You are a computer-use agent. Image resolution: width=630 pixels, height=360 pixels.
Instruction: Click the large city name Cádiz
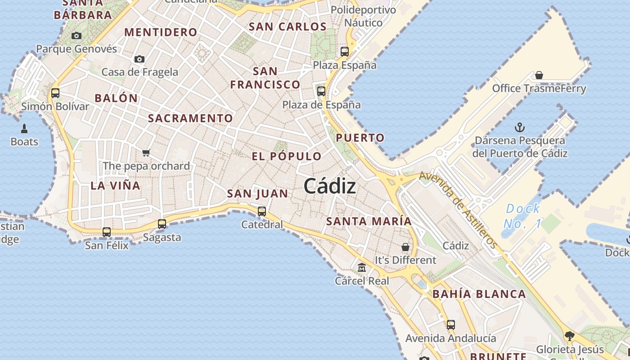(x=330, y=186)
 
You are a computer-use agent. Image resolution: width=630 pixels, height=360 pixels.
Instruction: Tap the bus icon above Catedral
(x=261, y=211)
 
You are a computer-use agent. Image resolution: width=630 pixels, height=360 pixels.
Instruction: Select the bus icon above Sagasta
(x=162, y=224)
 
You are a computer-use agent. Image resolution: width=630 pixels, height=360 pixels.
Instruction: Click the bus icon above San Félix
(x=107, y=232)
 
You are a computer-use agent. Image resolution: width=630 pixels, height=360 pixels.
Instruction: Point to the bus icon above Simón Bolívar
(x=55, y=93)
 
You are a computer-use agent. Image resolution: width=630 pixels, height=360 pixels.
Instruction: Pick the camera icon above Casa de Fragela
(x=139, y=59)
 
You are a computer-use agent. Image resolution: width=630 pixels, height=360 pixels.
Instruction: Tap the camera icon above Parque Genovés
(x=76, y=36)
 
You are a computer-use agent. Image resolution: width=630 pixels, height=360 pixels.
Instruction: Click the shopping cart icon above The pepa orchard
(x=146, y=153)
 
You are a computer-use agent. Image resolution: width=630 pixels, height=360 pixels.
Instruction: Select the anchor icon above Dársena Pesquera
(x=520, y=127)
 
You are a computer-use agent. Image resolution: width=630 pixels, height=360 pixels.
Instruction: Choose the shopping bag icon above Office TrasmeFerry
(x=539, y=75)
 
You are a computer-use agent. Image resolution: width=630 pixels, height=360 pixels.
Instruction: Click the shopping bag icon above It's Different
(x=405, y=247)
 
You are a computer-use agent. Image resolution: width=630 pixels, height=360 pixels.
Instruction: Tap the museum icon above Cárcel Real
(x=362, y=268)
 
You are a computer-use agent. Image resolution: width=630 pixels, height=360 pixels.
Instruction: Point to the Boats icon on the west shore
(x=24, y=129)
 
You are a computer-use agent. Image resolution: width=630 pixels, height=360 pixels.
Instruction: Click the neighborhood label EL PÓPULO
(x=287, y=157)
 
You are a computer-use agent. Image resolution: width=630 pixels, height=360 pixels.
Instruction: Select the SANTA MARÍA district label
(x=369, y=221)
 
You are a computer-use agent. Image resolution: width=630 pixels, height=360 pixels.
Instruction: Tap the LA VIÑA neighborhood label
(x=115, y=185)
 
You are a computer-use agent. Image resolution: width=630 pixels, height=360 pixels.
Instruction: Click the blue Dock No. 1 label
(x=523, y=216)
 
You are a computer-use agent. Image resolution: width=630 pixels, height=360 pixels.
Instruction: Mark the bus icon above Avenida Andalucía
(x=450, y=324)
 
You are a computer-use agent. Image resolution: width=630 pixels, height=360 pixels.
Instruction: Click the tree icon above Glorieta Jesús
(x=569, y=336)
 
